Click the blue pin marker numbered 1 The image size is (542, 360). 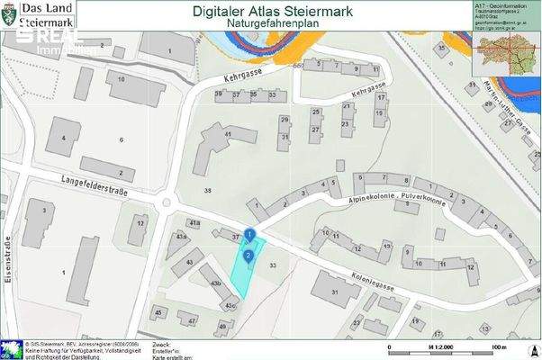coord(249,237)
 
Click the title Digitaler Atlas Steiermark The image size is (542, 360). coord(274,12)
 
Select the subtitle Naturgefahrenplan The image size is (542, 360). coord(274,27)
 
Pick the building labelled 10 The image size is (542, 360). coord(122,79)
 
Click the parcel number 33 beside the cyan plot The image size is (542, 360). coord(273,265)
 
